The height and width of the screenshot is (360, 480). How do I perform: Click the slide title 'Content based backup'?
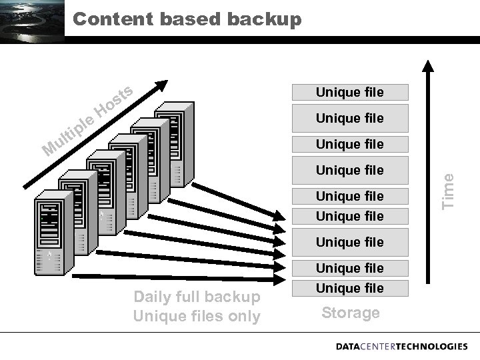187,19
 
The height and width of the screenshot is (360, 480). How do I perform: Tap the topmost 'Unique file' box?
350,92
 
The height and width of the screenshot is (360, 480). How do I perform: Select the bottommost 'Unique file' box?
350,288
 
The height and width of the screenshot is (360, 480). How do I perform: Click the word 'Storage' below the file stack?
351,313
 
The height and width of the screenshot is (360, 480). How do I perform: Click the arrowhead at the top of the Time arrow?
429,65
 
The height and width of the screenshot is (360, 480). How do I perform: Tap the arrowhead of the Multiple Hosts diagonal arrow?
161,85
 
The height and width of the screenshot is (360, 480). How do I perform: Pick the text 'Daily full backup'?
197,297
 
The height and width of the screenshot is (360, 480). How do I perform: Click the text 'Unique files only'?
197,316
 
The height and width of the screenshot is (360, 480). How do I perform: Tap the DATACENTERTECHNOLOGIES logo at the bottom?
401,347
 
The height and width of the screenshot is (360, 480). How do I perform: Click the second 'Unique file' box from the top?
350,118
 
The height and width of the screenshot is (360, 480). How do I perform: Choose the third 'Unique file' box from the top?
350,144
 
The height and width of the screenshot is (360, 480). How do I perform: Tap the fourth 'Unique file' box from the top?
350,170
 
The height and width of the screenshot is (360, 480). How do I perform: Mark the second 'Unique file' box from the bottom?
350,268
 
